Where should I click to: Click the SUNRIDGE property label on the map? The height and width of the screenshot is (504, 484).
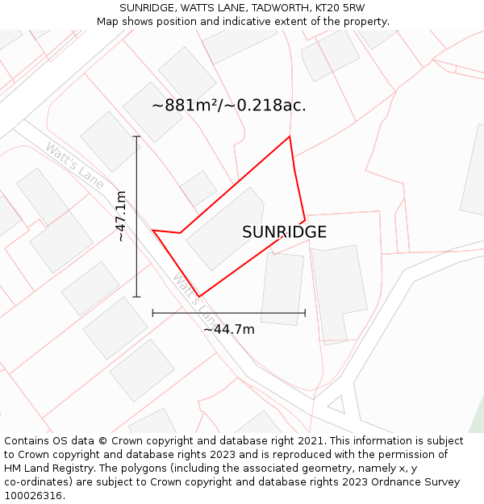[284, 232]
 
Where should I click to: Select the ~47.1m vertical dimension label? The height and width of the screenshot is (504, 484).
[121, 216]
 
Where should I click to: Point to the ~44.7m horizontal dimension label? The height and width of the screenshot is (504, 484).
[228, 329]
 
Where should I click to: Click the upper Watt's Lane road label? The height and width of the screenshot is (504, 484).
[74, 165]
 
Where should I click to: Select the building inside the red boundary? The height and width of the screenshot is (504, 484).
[225, 229]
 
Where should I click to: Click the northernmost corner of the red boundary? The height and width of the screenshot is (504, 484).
[289, 136]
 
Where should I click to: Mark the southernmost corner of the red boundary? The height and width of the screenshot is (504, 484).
[198, 297]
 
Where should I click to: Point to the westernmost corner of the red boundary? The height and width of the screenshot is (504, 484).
[152, 230]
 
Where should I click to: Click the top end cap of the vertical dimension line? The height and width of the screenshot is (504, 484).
[136, 137]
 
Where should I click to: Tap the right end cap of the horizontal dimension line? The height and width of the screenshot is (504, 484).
[305, 313]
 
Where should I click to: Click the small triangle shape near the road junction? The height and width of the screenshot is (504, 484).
[336, 403]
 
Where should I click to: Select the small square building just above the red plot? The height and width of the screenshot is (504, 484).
[198, 188]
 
